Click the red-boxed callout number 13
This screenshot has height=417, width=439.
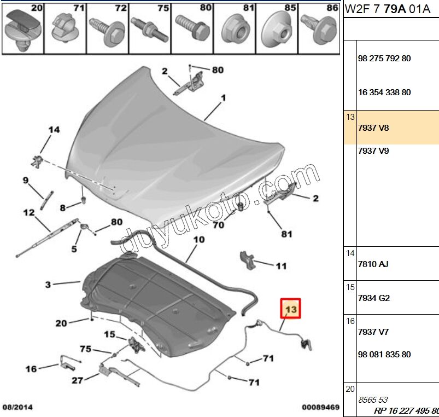pos(291,309)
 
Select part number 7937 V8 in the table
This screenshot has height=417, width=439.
pos(373,127)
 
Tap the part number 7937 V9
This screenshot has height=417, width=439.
pos(373,150)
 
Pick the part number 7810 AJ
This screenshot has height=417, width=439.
pos(373,264)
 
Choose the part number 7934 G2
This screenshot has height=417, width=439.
pos(373,298)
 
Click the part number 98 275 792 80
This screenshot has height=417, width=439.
pos(384,59)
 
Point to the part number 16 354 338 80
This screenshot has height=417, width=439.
pos(384,92)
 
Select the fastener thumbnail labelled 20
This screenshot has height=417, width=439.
pos(22,27)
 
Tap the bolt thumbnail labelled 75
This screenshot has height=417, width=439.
pos(149,27)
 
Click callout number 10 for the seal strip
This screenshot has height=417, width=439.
pos(198,239)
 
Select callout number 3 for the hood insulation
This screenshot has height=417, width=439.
pos(48,284)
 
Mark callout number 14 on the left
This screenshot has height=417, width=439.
pos(53,130)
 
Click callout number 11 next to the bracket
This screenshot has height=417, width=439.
pos(280,266)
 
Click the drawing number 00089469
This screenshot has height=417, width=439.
pos(321,408)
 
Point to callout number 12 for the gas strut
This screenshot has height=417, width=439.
pos(28,212)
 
